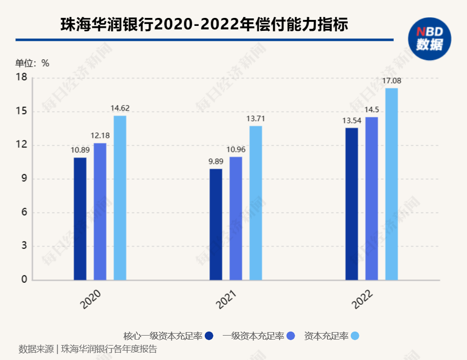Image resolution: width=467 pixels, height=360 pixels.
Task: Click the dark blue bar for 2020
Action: tap(80, 219)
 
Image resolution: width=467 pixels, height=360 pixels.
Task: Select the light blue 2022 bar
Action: tap(392, 184)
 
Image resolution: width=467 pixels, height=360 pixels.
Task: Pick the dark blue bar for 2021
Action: tap(216, 224)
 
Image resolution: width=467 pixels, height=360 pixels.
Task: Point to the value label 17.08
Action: tap(392, 81)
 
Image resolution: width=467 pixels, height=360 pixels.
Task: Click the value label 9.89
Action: tap(216, 161)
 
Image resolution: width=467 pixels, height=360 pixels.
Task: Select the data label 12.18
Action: tap(100, 135)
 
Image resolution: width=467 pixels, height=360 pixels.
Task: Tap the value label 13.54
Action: tap(351, 120)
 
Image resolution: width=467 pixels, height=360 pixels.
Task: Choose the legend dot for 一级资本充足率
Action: tap(291, 336)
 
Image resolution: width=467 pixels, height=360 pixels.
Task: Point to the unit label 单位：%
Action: tap(32, 63)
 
